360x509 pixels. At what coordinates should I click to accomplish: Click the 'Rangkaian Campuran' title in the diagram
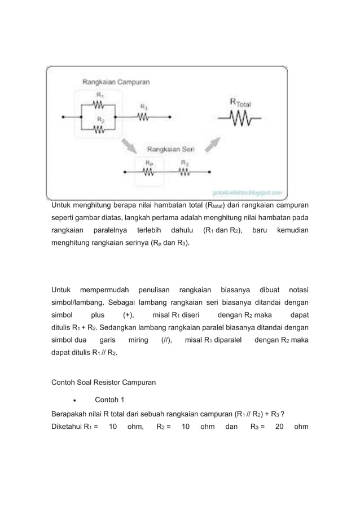[x=116, y=81]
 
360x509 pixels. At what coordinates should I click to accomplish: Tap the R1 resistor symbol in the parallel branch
[x=99, y=105]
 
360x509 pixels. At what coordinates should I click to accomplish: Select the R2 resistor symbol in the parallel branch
[x=99, y=129]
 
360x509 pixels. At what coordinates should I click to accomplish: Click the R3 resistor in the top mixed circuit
[x=143, y=117]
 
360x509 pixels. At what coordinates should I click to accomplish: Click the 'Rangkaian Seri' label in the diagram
[x=171, y=149]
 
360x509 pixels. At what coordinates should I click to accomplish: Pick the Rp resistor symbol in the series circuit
[x=150, y=173]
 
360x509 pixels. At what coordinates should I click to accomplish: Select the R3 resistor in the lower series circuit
[x=185, y=173]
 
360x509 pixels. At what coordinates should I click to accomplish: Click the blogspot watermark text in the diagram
[x=248, y=192]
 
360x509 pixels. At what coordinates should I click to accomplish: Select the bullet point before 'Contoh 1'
[x=75, y=401]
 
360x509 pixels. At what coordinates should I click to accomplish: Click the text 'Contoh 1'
[x=109, y=400]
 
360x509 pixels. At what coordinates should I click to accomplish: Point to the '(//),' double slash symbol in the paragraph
[x=166, y=340]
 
